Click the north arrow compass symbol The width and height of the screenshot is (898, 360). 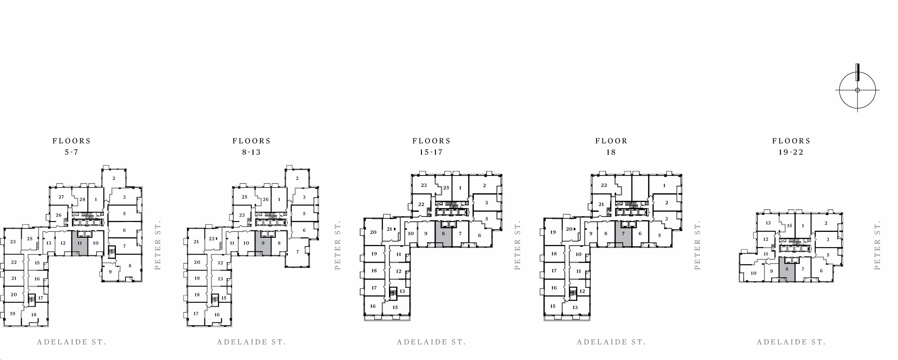[x=857, y=90]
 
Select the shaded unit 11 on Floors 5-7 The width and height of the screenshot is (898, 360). [x=80, y=243]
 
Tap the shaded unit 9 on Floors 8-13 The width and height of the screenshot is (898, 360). [x=263, y=243]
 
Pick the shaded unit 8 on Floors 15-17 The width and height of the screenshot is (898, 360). [x=444, y=234]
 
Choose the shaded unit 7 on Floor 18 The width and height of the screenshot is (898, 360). [x=623, y=234]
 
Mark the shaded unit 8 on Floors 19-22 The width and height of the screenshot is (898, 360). [x=787, y=269]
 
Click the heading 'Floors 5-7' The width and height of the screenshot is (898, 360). [x=72, y=147]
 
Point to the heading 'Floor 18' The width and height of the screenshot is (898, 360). [x=611, y=147]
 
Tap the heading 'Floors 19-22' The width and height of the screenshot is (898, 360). [x=791, y=147]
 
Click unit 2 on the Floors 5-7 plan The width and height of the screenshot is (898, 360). [x=114, y=178]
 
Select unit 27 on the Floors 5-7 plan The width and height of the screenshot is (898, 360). [x=61, y=197]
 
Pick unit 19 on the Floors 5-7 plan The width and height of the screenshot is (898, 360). [x=12, y=314]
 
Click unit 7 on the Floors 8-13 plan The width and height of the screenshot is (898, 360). [x=298, y=252]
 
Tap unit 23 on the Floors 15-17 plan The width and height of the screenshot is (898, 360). [x=424, y=185]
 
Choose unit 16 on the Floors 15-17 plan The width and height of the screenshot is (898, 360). [x=373, y=306]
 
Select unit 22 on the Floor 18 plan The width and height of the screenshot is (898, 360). [x=604, y=185]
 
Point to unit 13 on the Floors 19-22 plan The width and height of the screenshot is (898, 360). [x=768, y=223]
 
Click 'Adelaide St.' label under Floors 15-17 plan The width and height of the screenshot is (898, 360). [x=431, y=342]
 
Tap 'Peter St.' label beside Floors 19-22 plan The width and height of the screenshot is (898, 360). [x=877, y=245]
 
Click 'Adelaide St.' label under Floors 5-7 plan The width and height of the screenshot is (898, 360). [x=72, y=342]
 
